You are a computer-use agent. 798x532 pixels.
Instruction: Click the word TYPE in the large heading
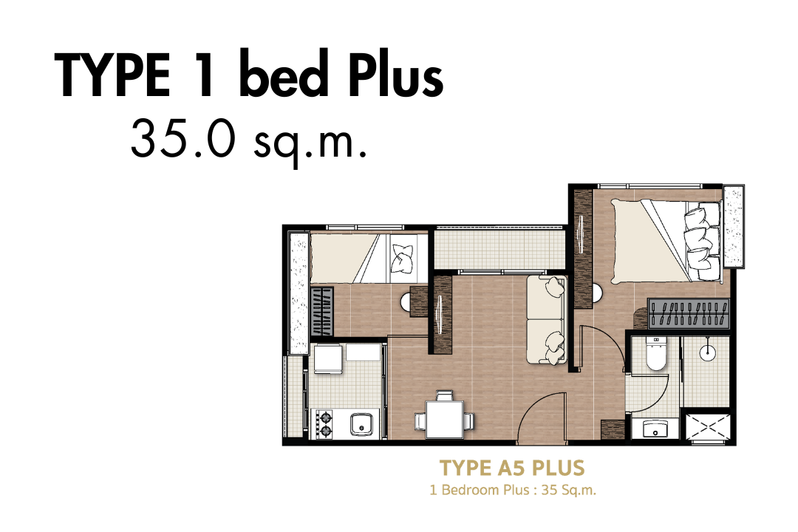(x=112, y=76)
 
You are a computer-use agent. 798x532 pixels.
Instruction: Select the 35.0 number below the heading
(x=183, y=137)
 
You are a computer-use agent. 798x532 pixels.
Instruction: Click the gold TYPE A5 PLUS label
(x=512, y=467)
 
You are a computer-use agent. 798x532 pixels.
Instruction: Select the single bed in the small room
(x=369, y=258)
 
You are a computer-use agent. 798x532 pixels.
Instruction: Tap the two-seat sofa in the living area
(x=546, y=319)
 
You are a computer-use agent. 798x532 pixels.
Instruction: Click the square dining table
(x=445, y=419)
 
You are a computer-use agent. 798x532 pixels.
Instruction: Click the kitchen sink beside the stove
(x=361, y=425)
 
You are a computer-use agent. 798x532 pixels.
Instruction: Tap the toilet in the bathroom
(x=655, y=352)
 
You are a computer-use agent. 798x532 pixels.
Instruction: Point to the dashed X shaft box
(x=708, y=429)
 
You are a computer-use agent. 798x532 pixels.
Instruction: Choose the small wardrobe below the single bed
(x=322, y=311)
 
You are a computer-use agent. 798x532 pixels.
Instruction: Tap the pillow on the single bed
(x=403, y=258)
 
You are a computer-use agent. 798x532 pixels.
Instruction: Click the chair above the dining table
(x=445, y=395)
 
